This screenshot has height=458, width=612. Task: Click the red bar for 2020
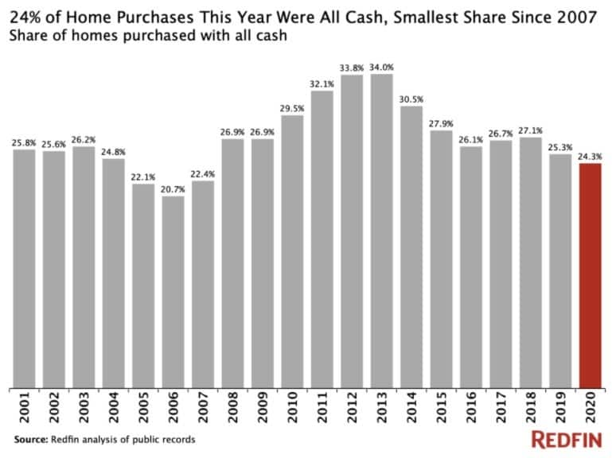[x=590, y=275]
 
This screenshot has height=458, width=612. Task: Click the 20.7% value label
[x=173, y=188]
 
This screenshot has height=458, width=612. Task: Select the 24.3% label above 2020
[x=590, y=156]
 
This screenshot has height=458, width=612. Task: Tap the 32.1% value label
[x=322, y=83]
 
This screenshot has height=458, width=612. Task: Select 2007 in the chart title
[x=575, y=17]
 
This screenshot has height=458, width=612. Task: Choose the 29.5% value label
[x=292, y=108]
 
